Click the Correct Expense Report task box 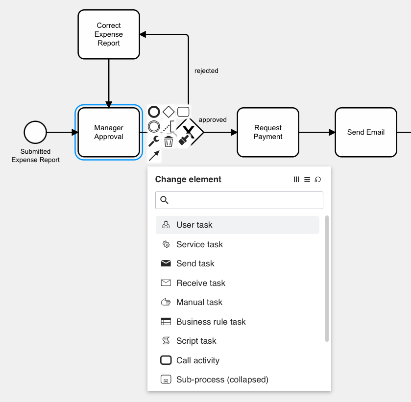(x=109, y=34)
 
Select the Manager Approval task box (x=109, y=132)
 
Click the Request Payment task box (x=267, y=132)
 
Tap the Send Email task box (x=365, y=132)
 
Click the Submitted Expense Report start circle (x=35, y=132)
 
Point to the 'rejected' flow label (x=206, y=71)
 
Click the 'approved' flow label (x=213, y=120)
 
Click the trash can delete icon (x=169, y=142)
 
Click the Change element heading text (x=188, y=179)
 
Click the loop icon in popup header (x=318, y=180)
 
